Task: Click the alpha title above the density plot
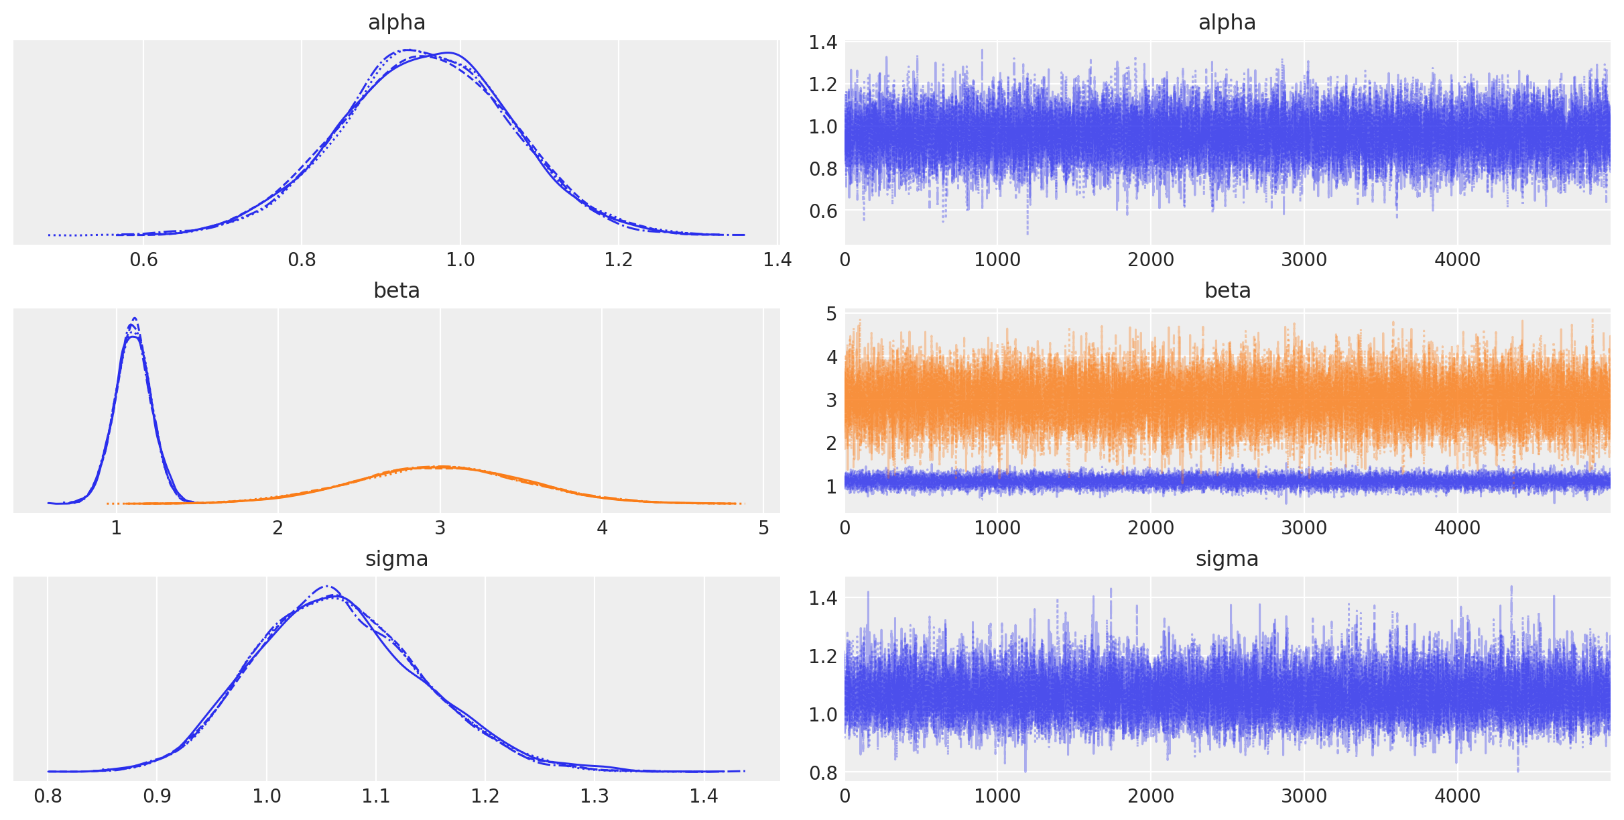[396, 23]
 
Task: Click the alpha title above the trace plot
[1227, 23]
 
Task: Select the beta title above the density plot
[396, 291]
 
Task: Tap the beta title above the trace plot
[1227, 291]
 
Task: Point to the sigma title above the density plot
[396, 559]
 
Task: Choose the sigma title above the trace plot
[1227, 559]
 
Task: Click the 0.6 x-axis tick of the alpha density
[143, 260]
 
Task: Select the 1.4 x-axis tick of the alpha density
[777, 260]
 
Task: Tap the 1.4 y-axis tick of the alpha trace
[822, 43]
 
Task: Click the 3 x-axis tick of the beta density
[440, 528]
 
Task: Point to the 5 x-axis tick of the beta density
[763, 528]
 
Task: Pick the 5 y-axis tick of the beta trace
[831, 314]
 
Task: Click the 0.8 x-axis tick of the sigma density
[48, 797]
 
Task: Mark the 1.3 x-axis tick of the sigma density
[595, 797]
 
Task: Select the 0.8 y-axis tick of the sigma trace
[822, 773]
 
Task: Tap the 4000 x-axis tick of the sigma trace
[1457, 797]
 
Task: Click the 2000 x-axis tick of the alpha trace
[1151, 260]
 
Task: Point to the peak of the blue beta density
[134, 320]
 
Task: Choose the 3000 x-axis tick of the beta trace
[1304, 528]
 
